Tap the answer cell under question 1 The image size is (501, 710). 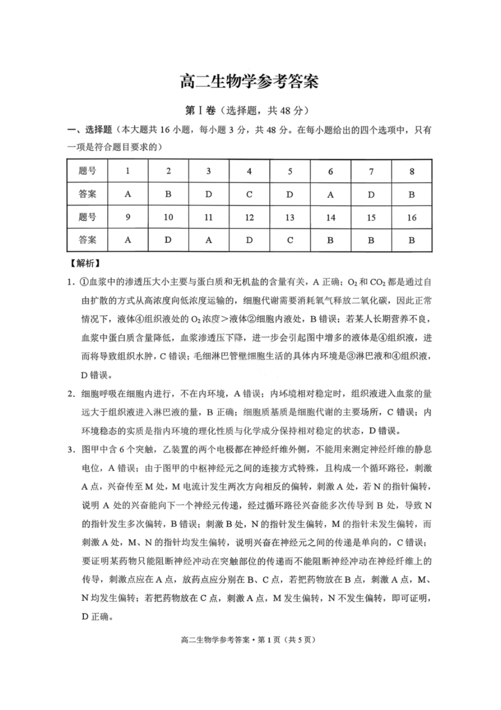pos(128,194)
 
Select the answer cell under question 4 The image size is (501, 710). pos(249,194)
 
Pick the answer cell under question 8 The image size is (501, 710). pos(412,194)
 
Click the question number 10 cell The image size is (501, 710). pos(168,217)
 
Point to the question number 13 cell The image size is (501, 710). pos(290,217)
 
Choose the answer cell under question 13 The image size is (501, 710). pos(290,240)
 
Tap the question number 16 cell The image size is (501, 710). pos(412,217)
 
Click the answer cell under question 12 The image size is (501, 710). pos(249,240)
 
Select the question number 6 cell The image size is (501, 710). pos(331,171)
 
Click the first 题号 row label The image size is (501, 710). pos(88,171)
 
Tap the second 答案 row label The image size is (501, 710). pos(88,240)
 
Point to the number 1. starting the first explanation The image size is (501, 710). pos(71,282)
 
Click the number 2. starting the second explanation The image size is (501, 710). pos(71,393)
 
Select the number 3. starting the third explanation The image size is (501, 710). pos(71,449)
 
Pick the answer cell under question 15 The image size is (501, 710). pos(371,240)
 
